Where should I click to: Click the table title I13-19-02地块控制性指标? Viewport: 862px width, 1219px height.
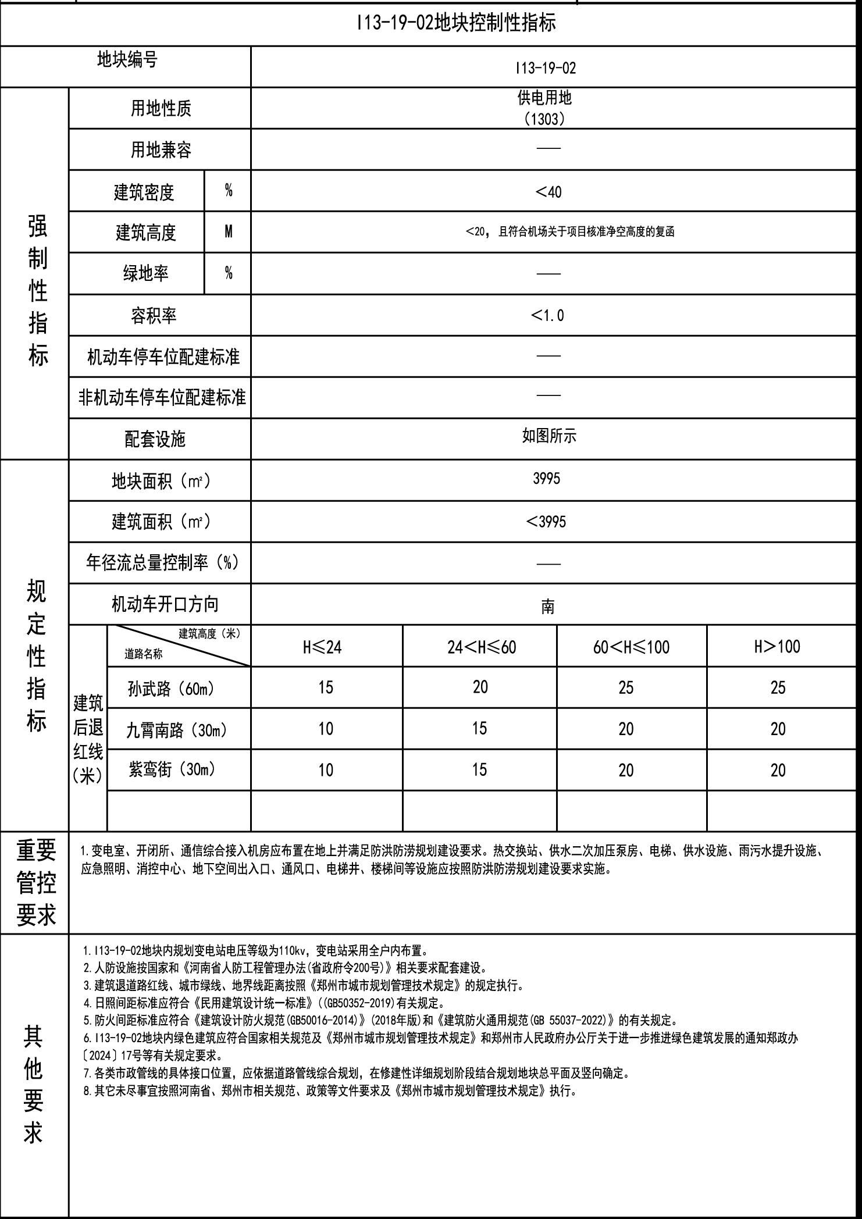click(x=456, y=23)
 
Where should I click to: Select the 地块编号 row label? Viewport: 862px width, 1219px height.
click(x=127, y=59)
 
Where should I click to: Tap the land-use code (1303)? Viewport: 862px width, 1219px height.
click(x=544, y=119)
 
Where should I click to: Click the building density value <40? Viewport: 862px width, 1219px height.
click(x=548, y=191)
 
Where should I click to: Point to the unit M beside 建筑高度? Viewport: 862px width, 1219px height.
click(x=229, y=231)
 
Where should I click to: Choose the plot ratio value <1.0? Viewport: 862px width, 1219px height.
click(x=547, y=315)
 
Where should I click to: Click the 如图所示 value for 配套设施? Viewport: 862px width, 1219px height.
click(x=548, y=436)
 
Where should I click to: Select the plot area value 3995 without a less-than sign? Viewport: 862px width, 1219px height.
click(x=546, y=478)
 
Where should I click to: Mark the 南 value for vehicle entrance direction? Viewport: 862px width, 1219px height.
click(x=547, y=607)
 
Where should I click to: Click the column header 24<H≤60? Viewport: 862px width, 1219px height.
click(x=481, y=647)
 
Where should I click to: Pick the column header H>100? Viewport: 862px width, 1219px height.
click(x=777, y=646)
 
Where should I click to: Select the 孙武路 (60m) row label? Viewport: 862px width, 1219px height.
click(x=171, y=689)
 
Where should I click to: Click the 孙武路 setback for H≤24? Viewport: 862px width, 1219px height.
click(x=326, y=687)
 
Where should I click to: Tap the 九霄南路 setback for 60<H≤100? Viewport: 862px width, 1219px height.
click(x=626, y=729)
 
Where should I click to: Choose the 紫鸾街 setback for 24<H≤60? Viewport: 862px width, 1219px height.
click(x=479, y=769)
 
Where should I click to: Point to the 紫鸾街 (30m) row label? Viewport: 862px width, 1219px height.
click(x=172, y=769)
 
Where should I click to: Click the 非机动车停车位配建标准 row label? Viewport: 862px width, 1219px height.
click(x=162, y=397)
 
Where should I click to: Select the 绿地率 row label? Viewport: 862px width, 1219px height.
click(x=145, y=273)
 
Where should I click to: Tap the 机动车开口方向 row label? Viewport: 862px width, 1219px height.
click(x=165, y=604)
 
